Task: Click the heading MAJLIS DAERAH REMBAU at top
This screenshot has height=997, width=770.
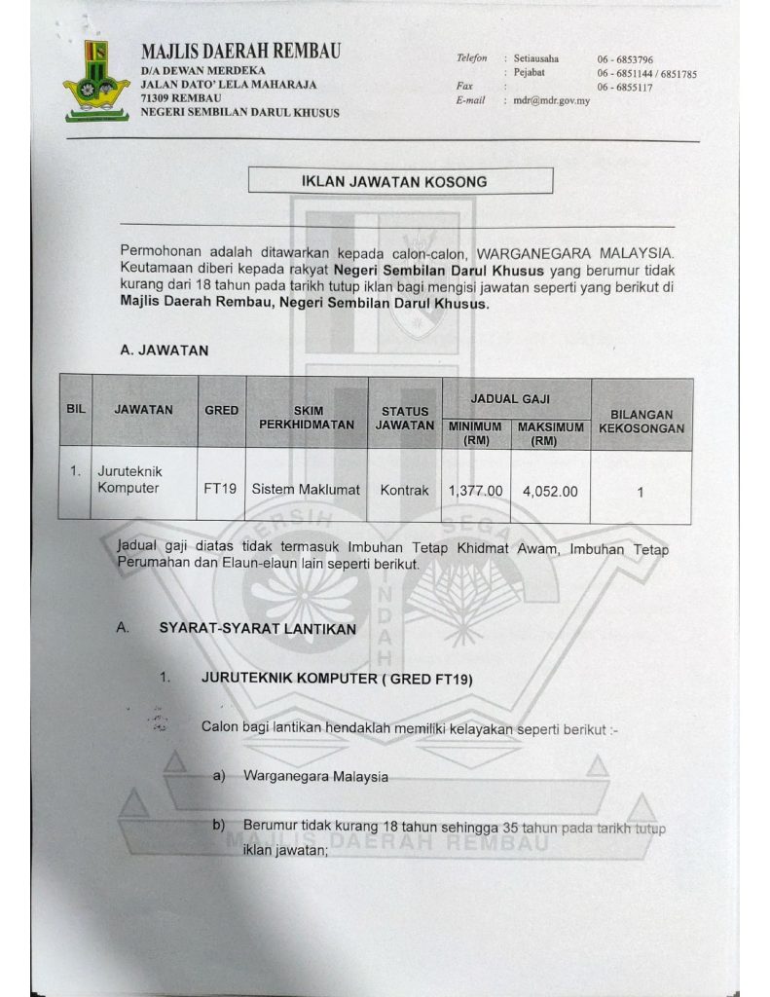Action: click(x=240, y=52)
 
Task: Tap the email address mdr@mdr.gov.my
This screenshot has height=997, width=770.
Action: click(x=551, y=100)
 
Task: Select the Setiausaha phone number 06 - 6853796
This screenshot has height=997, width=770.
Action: click(x=625, y=59)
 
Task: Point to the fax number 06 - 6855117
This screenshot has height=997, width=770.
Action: click(x=625, y=88)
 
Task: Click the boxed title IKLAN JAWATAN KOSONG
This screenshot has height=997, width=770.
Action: click(x=401, y=181)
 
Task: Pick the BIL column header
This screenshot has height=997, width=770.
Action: click(x=76, y=410)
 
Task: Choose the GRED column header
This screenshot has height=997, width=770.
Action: click(x=222, y=411)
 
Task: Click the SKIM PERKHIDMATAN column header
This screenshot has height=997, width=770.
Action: click(x=307, y=418)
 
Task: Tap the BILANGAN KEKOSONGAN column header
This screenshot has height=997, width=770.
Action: click(x=641, y=421)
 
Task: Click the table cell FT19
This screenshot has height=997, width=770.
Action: click(x=220, y=491)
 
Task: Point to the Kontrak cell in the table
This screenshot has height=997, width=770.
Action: click(x=404, y=491)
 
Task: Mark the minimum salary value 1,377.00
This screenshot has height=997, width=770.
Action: click(x=475, y=492)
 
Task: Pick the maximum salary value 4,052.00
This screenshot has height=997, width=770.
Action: click(x=550, y=492)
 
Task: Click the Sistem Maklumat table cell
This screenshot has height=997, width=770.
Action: click(x=306, y=491)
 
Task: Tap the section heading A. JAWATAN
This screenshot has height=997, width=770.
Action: click(x=164, y=351)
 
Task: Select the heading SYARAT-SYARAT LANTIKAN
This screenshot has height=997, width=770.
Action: click(x=257, y=629)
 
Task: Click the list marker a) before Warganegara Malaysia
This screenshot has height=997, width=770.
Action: click(x=219, y=777)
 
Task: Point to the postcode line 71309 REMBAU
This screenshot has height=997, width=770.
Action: click(x=181, y=98)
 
